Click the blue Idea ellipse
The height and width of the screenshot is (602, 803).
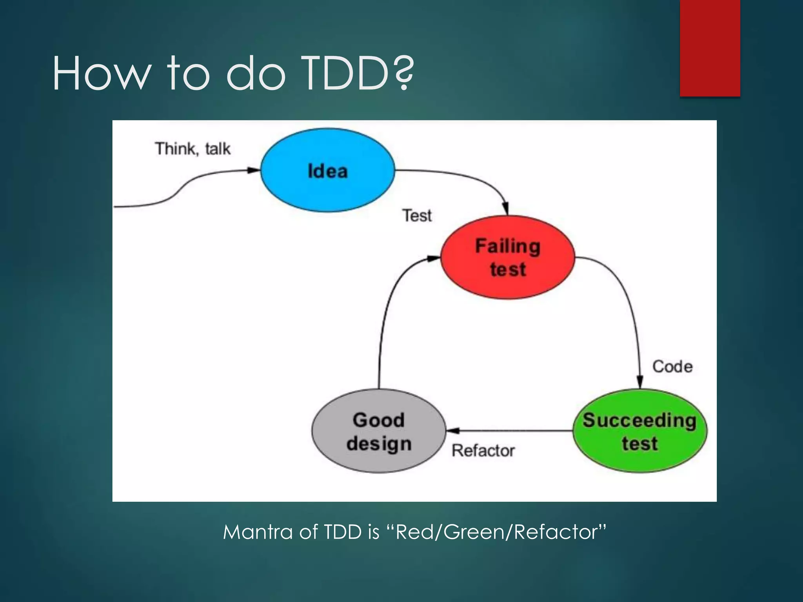click(x=327, y=170)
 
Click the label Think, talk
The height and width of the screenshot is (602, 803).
click(x=193, y=149)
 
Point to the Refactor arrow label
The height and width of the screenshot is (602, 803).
click(x=483, y=451)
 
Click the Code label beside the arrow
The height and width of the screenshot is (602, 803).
click(x=672, y=367)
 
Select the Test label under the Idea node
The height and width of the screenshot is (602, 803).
click(x=417, y=216)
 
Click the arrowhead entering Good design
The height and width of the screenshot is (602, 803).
click(x=453, y=431)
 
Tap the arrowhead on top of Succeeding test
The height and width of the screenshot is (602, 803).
click(x=639, y=381)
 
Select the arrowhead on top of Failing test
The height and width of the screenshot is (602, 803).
click(x=506, y=208)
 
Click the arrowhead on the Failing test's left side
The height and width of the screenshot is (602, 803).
click(x=433, y=258)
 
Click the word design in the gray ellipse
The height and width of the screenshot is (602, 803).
click(x=379, y=444)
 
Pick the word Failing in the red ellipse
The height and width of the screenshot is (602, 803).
click(x=508, y=247)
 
